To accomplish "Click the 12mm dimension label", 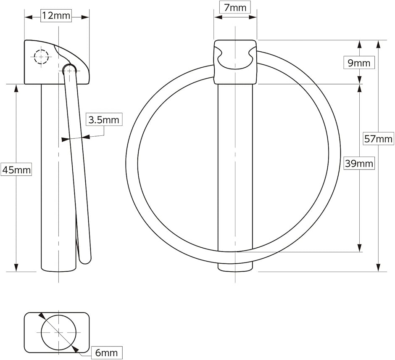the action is tap(56, 16).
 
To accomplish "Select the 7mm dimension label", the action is tap(235, 8).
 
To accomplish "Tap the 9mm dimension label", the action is tap(359, 63).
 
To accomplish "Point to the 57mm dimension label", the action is tap(378, 139).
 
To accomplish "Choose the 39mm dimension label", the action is tap(359, 164).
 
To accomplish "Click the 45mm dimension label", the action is tap(16, 170).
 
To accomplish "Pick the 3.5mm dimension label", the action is tap(104, 119).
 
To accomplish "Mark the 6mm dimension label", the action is tap(107, 352).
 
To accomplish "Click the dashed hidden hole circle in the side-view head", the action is tap(41, 57).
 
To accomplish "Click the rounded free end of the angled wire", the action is tap(85, 260).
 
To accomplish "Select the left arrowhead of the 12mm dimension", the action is tap(28, 17).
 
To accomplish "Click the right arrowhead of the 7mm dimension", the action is tap(253, 17).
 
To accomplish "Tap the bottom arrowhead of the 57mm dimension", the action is tap(378, 267).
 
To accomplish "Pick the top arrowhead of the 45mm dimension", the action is tap(16, 88).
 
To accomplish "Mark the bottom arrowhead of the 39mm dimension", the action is tap(359, 248).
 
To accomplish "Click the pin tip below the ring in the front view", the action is tap(235, 267).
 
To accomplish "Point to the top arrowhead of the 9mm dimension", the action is tap(359, 44).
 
